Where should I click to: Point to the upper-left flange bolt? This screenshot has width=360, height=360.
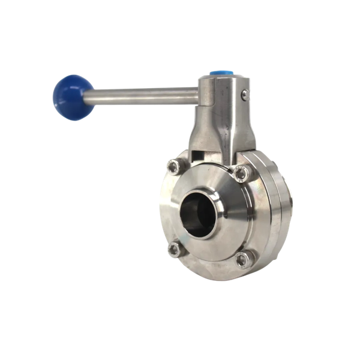click(x=174, y=167)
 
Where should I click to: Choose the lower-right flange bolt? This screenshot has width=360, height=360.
click(x=242, y=259)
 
